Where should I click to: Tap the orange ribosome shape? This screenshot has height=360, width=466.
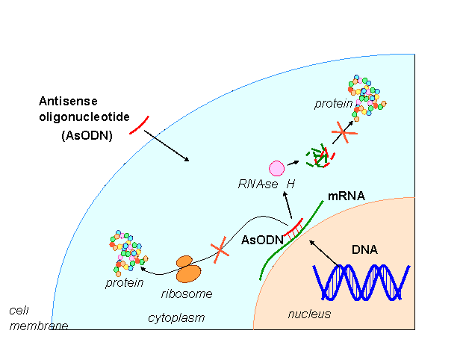187,269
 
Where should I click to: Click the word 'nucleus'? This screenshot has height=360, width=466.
309,314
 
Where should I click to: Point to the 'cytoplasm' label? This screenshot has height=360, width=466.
176,317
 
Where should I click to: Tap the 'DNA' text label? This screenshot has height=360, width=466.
364,249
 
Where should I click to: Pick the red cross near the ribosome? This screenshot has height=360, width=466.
220,251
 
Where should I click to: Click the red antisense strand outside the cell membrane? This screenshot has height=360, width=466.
138,125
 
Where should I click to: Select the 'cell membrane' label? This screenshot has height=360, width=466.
34,317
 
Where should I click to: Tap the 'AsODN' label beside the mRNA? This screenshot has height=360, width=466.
263,240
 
